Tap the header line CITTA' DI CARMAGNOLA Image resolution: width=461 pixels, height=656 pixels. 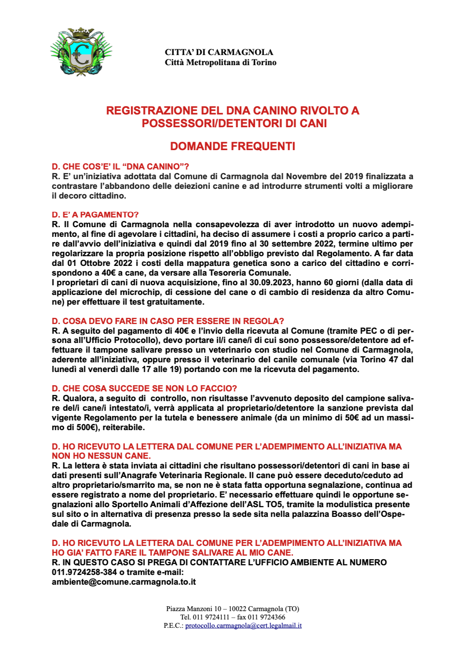click(x=219, y=52)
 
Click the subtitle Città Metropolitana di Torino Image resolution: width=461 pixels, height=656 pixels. click(x=220, y=63)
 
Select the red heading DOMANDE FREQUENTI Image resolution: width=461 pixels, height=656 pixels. click(x=232, y=146)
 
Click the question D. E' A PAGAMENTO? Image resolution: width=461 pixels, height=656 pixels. click(x=95, y=214)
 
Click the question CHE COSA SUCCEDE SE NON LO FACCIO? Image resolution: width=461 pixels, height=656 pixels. click(x=144, y=388)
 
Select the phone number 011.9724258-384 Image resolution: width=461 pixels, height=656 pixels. click(x=84, y=572)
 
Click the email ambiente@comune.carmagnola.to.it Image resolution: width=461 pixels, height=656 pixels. click(x=124, y=582)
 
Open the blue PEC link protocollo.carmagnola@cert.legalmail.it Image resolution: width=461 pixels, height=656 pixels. click(x=243, y=626)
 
